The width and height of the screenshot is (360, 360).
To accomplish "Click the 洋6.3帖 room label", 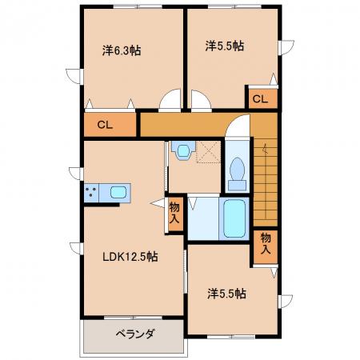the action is click(x=122, y=50).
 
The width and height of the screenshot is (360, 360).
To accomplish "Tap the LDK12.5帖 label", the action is click(x=130, y=257).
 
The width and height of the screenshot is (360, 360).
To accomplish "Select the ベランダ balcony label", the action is click(x=135, y=334).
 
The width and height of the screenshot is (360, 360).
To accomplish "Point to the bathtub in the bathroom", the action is click(x=234, y=218).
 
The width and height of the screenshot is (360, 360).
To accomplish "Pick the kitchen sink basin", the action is click(x=118, y=192).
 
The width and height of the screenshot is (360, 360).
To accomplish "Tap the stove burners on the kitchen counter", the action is click(x=91, y=192).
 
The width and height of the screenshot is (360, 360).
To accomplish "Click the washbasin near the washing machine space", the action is click(x=183, y=150).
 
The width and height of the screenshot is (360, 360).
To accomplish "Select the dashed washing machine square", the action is click(x=208, y=152).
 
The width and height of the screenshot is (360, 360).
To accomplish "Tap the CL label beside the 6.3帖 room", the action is click(x=105, y=125).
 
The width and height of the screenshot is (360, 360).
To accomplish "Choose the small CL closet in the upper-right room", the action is click(x=260, y=99).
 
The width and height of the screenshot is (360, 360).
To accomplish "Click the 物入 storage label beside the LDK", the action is click(x=174, y=213).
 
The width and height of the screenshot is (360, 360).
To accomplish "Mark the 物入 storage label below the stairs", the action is click(x=266, y=243).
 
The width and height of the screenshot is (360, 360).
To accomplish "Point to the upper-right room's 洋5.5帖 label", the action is click(x=224, y=46).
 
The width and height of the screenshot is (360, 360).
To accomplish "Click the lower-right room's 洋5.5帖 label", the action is click(x=226, y=294).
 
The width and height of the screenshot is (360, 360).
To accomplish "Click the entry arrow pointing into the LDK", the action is click(x=158, y=203).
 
